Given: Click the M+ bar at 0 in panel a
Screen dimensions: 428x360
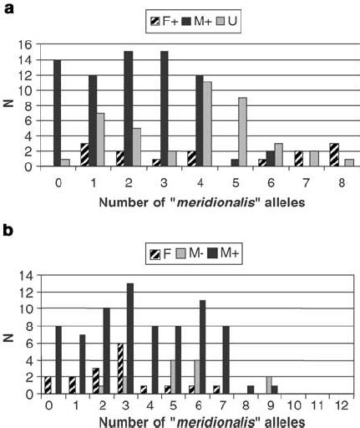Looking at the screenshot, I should (57, 113).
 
